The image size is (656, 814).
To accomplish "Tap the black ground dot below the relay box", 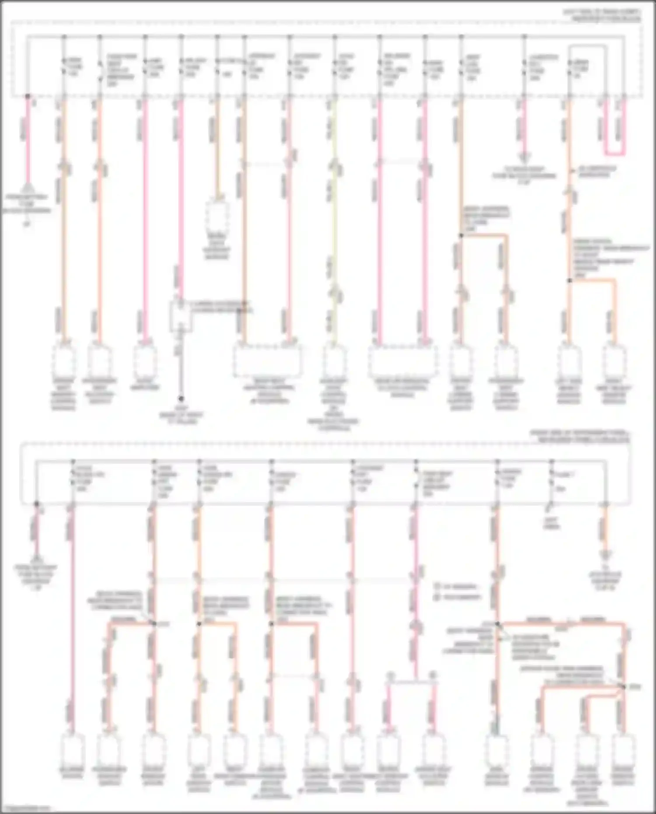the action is tap(180, 398).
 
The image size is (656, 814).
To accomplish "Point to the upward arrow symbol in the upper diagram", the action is tap(28, 188).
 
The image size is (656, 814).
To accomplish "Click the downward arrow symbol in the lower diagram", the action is tap(606, 556).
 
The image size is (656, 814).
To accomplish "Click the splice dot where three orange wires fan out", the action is tap(623, 687).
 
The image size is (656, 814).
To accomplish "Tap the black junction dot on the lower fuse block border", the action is tap(37, 504).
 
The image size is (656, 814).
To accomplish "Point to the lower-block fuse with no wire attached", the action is tap(552, 481).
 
